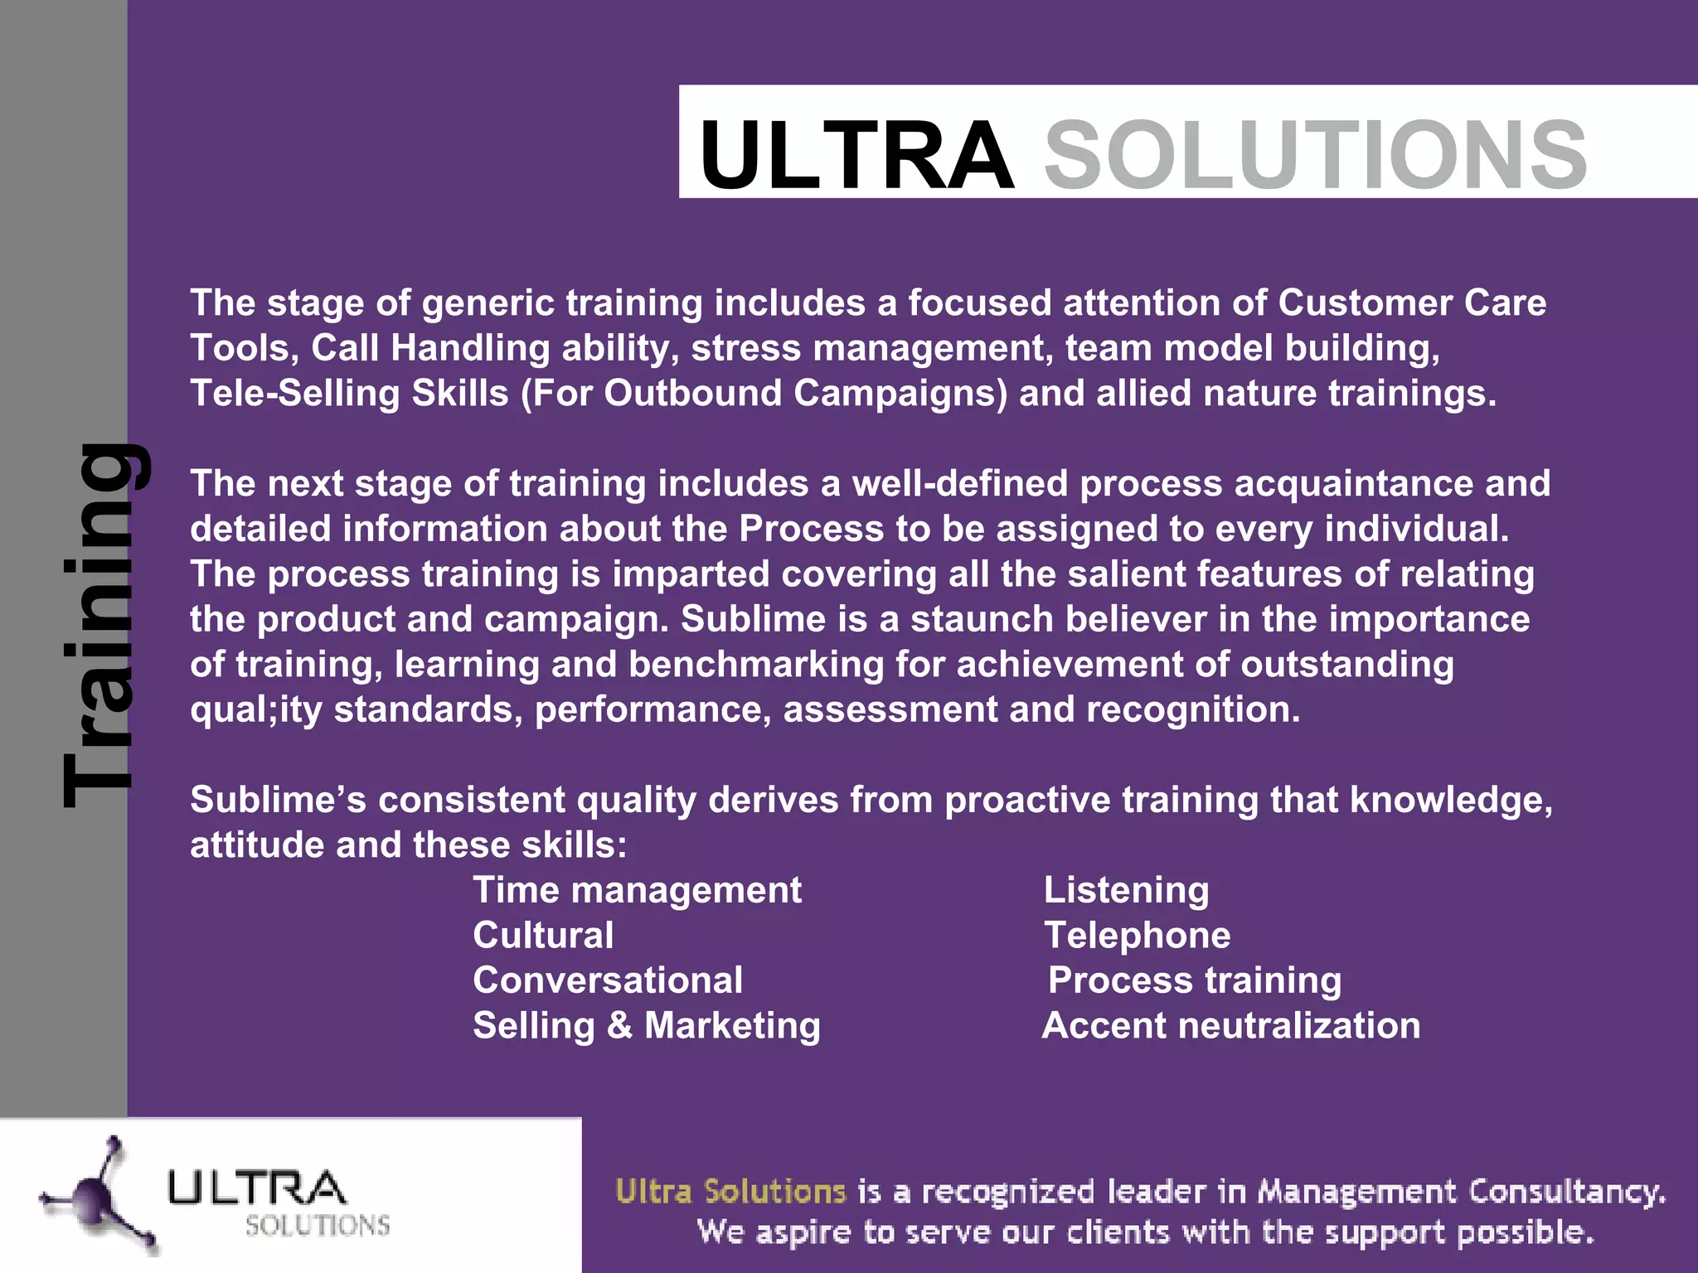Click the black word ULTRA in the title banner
tap(856, 155)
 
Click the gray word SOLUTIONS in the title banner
tap(1316, 155)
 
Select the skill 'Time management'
tap(637, 891)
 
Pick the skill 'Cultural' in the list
tap(543, 936)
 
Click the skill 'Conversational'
tap(608, 980)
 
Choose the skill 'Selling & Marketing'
tap(647, 1026)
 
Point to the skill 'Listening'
tap(1126, 891)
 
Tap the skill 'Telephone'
tap(1137, 936)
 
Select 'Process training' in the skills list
tap(1195, 980)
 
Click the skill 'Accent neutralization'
tap(1231, 1026)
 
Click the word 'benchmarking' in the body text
tap(756, 665)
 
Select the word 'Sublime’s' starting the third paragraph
tap(279, 801)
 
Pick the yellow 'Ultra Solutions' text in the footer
tap(730, 1192)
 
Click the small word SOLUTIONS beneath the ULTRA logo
tap(318, 1226)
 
